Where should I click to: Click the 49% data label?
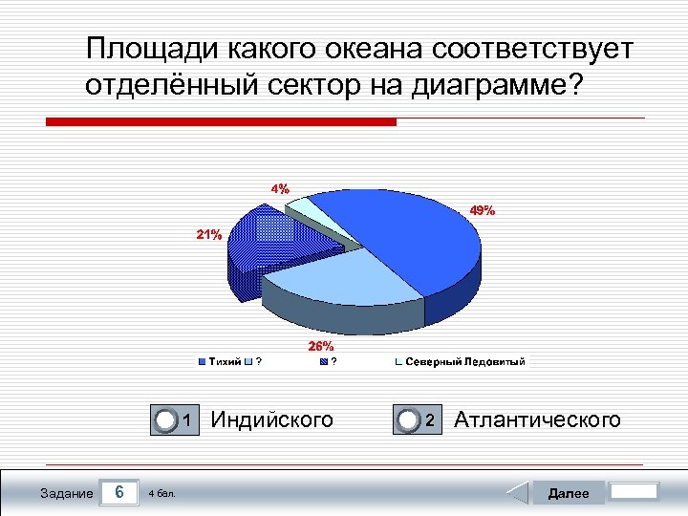click(x=482, y=211)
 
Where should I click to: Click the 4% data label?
click(x=280, y=188)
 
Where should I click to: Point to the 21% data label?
click(x=209, y=234)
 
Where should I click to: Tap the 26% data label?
click(x=320, y=346)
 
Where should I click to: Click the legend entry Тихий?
click(x=224, y=362)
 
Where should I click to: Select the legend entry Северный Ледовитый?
click(x=464, y=362)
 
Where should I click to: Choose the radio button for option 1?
click(x=167, y=420)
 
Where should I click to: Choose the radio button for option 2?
click(x=409, y=420)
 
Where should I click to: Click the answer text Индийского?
click(x=271, y=419)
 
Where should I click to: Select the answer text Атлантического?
click(x=537, y=419)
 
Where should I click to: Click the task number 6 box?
click(x=118, y=492)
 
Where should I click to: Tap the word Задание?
click(x=67, y=493)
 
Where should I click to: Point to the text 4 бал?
click(x=161, y=494)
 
